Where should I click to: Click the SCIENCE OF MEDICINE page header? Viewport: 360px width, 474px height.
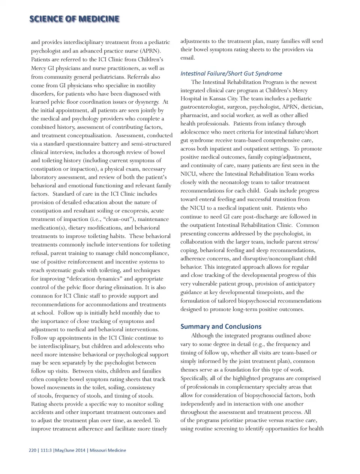click(x=74, y=19)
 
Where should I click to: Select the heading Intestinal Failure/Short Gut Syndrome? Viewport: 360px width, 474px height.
click(x=231, y=73)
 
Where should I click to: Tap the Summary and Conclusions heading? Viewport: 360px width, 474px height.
click(x=221, y=326)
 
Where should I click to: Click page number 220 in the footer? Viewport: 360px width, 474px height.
click(x=32, y=450)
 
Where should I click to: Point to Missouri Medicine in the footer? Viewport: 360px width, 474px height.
click(x=108, y=450)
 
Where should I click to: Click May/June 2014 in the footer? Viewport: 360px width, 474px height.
click(x=70, y=450)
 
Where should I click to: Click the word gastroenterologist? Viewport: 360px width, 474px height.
click(x=205, y=107)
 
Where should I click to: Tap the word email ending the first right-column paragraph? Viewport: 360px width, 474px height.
click(x=187, y=58)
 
